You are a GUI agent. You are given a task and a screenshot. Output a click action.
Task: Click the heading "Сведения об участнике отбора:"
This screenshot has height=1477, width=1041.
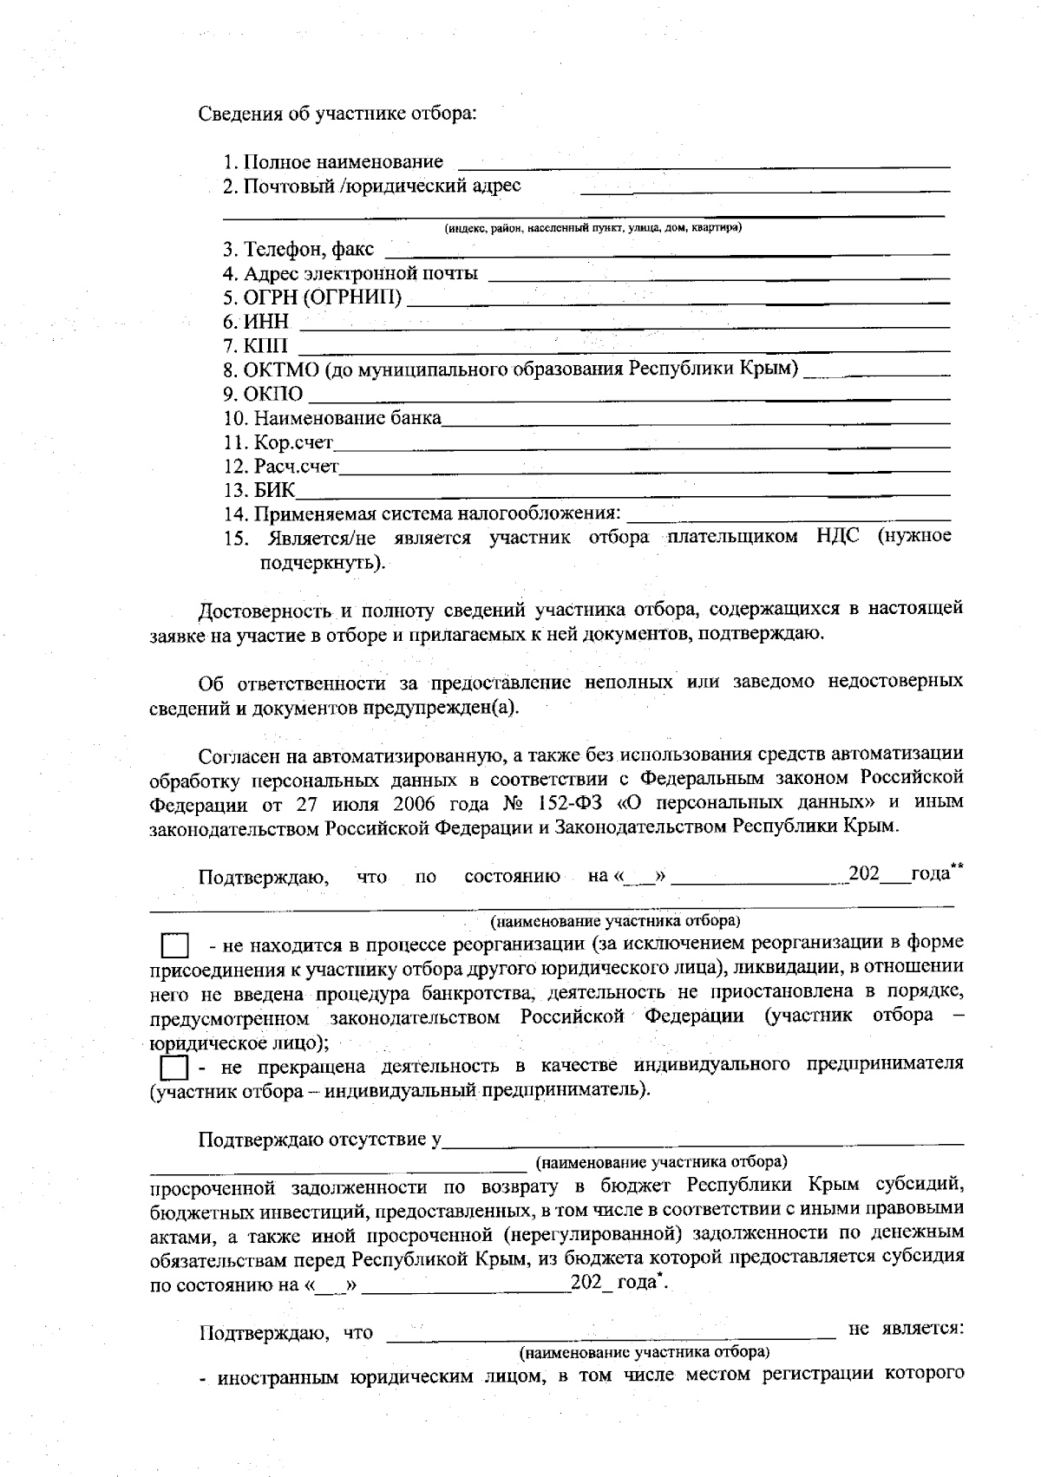coord(338,114)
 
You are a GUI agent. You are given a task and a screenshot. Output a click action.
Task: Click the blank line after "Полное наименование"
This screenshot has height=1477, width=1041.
coord(703,163)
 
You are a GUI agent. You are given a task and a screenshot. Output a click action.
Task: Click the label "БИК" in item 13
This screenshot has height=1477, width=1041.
coord(274,491)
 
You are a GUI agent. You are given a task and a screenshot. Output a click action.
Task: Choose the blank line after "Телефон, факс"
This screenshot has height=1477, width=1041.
coord(666,252)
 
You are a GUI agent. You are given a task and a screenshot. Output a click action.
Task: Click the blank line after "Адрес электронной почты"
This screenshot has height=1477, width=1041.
coord(718,277)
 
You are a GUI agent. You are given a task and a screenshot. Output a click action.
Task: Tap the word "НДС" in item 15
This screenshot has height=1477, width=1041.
coord(837,536)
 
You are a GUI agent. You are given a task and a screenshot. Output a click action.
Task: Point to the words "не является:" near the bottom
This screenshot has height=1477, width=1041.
coord(906,1330)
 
